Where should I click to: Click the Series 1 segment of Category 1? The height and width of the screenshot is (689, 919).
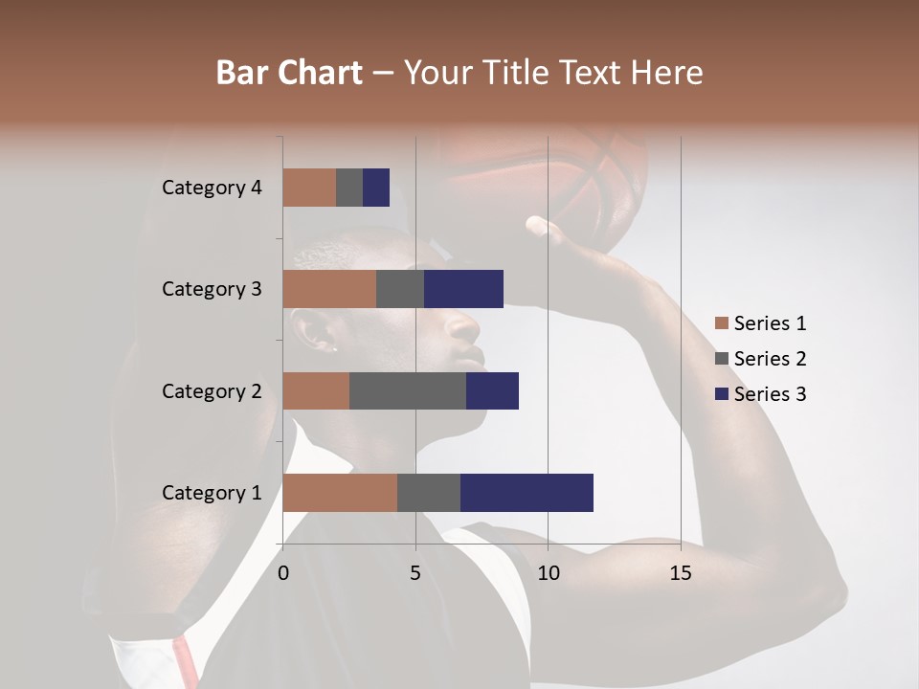point(340,493)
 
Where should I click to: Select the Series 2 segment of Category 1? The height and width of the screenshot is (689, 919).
point(429,493)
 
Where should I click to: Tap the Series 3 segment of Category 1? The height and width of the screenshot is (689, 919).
point(527,493)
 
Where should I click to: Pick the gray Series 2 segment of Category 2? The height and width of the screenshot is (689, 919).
point(408,390)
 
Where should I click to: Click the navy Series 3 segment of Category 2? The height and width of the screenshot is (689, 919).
point(492,390)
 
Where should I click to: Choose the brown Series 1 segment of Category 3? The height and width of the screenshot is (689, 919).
point(329,289)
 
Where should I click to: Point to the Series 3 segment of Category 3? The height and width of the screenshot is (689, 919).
point(463,289)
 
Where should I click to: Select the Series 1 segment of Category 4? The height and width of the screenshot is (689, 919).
point(309,188)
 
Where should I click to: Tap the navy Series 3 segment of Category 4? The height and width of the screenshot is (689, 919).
point(376,188)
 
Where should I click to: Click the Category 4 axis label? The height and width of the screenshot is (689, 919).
point(212,188)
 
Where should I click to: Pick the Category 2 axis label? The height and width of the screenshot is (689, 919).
point(212,390)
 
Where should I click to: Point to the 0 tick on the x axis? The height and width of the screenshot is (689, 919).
point(283,573)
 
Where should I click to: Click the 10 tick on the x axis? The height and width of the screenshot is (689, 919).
point(548,573)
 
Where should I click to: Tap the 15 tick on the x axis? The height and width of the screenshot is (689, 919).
point(680,573)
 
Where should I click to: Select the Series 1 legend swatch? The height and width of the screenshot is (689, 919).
point(721,323)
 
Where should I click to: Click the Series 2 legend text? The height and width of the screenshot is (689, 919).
point(770,359)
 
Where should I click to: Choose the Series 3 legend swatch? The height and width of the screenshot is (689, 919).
point(721,394)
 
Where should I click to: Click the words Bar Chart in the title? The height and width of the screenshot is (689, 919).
point(289,73)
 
